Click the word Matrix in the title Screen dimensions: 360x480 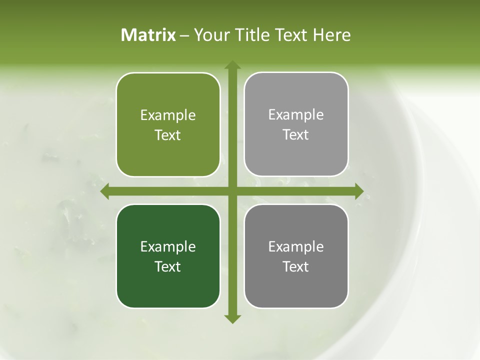[148, 35]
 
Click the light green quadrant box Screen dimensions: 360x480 [168, 124]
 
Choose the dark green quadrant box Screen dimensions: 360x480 [168, 256]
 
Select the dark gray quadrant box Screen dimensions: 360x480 [296, 256]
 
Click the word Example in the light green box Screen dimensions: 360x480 [168, 115]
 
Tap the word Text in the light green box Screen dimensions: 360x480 [168, 135]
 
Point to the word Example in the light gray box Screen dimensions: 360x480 [296, 115]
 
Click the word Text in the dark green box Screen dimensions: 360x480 [168, 266]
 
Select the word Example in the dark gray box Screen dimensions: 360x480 [296, 246]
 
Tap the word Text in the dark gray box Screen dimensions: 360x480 [296, 266]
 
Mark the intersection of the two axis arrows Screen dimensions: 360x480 [232, 191]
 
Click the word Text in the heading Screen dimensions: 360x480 [292, 35]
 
